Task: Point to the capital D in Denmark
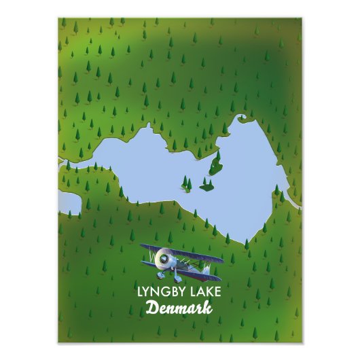(152, 308)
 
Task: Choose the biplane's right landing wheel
(178, 278)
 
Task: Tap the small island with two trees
(186, 183)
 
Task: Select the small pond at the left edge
(69, 202)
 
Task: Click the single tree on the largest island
(217, 158)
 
